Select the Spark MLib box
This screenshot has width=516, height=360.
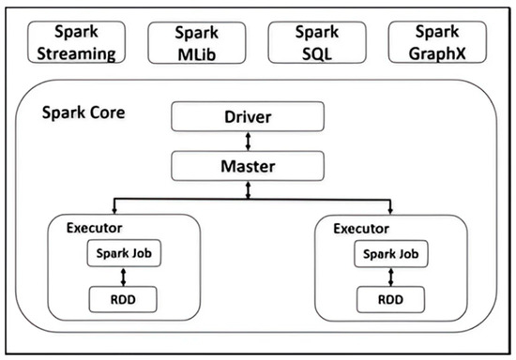pos(196,43)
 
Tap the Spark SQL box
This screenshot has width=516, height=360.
pos(316,43)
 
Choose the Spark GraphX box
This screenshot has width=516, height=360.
pos(436,43)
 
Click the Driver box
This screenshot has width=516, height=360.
pos(248,117)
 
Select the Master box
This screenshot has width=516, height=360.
pos(248,166)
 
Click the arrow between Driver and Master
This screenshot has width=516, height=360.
pos(248,142)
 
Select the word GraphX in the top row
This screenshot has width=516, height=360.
pos(436,53)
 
